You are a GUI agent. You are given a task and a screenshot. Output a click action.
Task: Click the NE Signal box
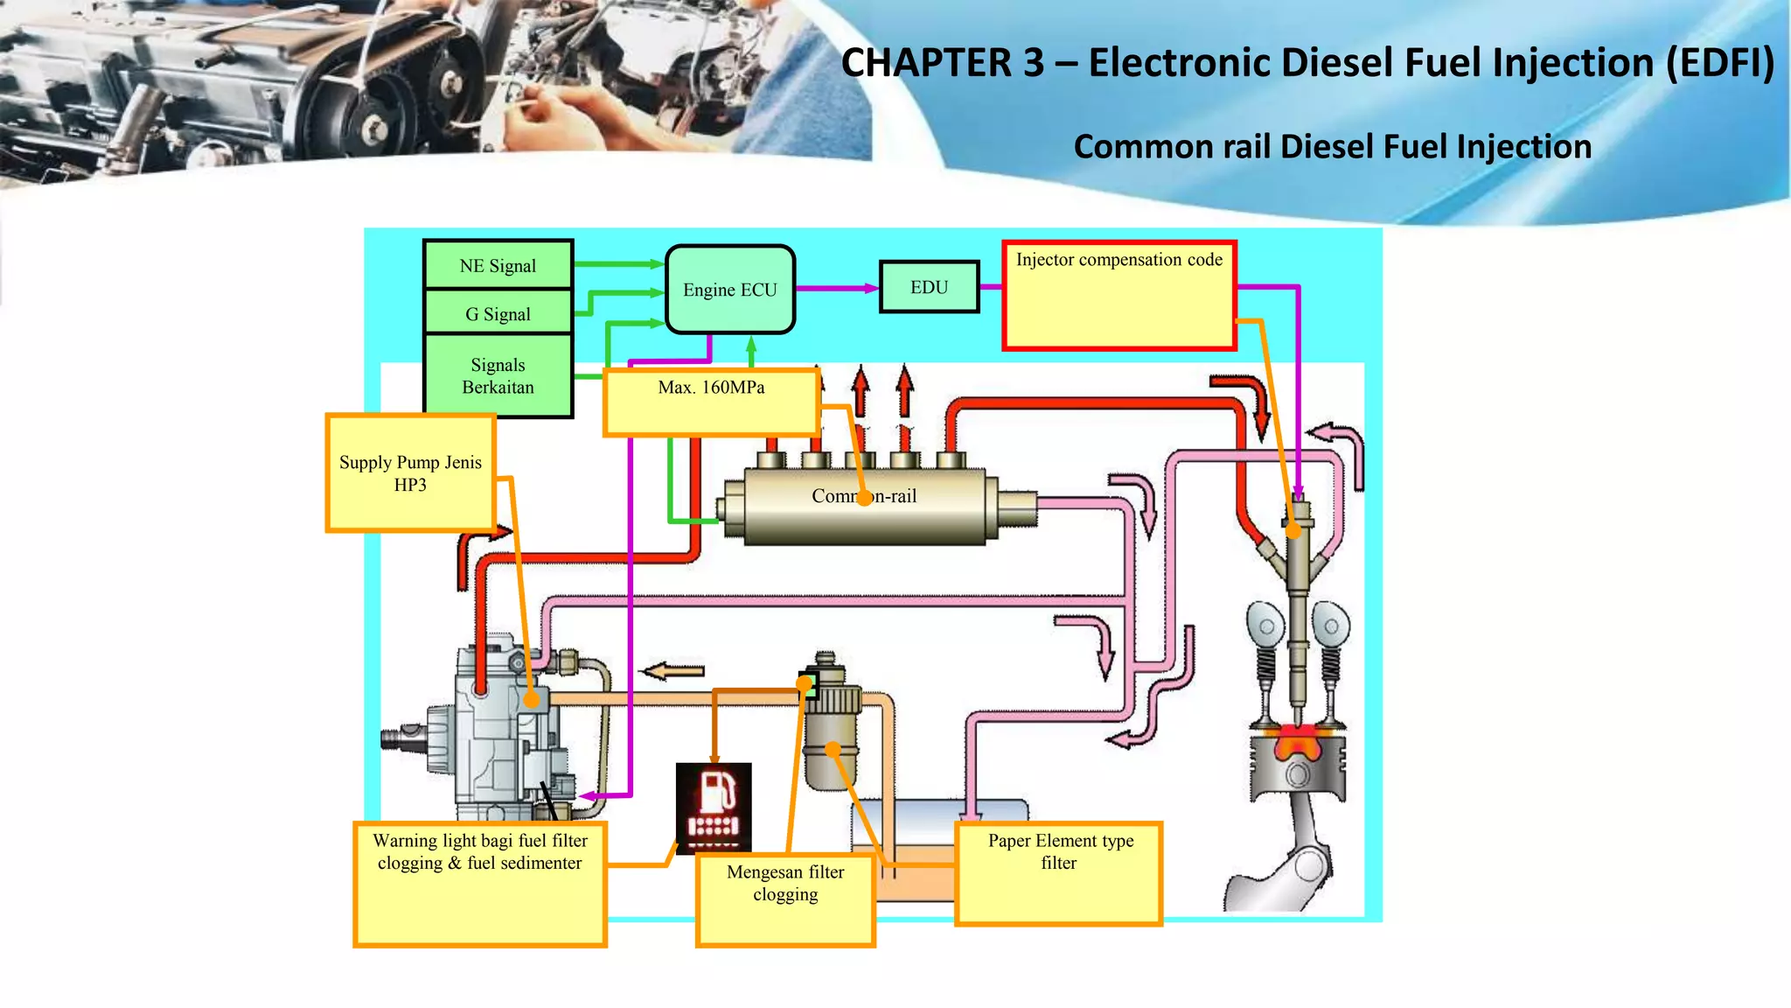pyautogui.click(x=498, y=265)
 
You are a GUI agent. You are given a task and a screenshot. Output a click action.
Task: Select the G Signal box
pyautogui.click(x=498, y=313)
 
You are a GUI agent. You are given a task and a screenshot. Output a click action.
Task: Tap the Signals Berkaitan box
pyautogui.click(x=498, y=375)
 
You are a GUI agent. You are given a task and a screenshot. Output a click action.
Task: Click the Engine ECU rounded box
pyautogui.click(x=729, y=290)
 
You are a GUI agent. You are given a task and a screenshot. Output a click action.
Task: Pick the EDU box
pyautogui.click(x=929, y=287)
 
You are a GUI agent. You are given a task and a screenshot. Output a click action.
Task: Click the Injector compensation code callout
pyautogui.click(x=1119, y=296)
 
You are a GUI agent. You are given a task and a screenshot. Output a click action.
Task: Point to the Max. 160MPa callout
pyautogui.click(x=711, y=402)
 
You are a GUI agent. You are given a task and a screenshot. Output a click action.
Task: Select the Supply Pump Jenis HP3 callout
pyautogui.click(x=410, y=473)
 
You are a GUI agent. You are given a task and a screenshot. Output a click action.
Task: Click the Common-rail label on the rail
pyautogui.click(x=863, y=496)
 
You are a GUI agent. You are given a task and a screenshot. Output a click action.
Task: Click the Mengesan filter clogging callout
pyautogui.click(x=785, y=899)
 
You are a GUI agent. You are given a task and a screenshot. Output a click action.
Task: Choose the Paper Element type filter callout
pyautogui.click(x=1058, y=872)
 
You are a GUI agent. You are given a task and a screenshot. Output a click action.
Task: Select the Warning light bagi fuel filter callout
pyautogui.click(x=479, y=883)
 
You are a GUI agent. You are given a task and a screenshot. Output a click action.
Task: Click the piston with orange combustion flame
pyautogui.click(x=1297, y=765)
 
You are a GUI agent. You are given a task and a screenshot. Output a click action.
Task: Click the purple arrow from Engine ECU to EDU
pyautogui.click(x=836, y=288)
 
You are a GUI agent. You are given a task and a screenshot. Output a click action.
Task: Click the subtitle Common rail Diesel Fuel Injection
pyautogui.click(x=1332, y=146)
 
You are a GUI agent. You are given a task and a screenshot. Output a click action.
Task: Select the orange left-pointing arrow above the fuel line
pyautogui.click(x=673, y=671)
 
